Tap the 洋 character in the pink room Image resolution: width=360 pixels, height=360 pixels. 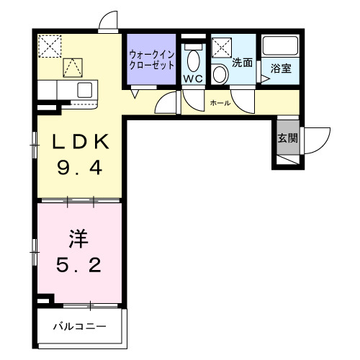tap(78, 237)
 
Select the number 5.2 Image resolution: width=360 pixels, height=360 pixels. tap(79, 264)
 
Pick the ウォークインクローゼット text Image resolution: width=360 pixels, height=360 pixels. tap(151, 58)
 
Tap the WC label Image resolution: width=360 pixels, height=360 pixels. tap(192, 78)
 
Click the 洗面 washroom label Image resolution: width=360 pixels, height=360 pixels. tap(243, 63)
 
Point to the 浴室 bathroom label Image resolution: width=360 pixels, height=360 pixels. tap(280, 68)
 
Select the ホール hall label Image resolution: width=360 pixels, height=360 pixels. tap(220, 103)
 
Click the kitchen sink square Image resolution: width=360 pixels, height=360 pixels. tap(84, 90)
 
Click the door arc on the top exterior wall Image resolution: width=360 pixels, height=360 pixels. tap(109, 20)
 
